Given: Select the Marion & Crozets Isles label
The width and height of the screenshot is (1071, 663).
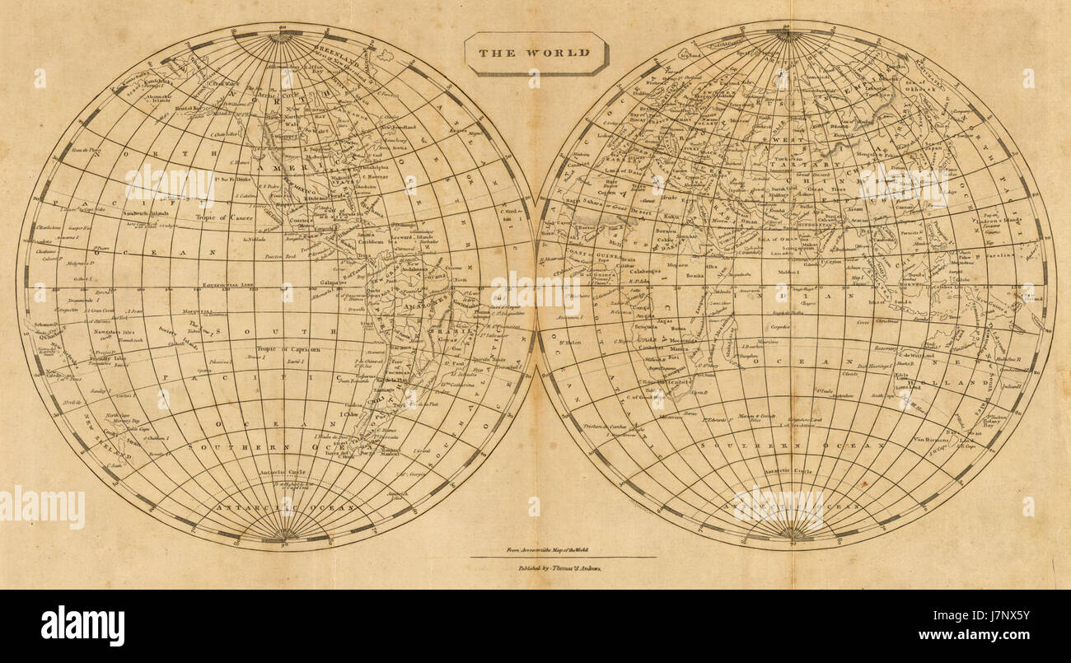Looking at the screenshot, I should (x=757, y=417).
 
